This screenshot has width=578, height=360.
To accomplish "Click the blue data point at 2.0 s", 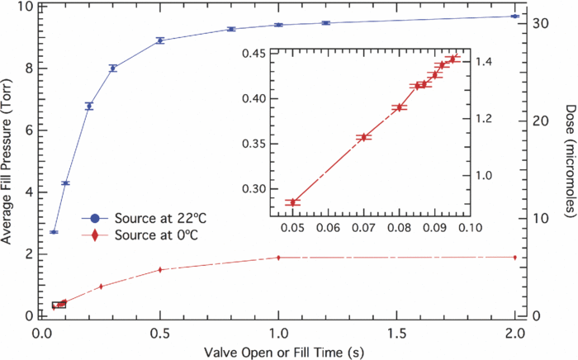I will click(x=514, y=16).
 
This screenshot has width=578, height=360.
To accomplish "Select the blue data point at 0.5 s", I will click(x=160, y=40).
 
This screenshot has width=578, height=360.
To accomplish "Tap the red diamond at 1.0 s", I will click(x=278, y=258).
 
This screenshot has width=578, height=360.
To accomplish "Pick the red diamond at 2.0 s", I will click(x=514, y=257).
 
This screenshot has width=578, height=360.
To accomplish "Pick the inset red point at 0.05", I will click(x=292, y=201).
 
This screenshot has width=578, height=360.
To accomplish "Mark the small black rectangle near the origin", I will click(x=58, y=305).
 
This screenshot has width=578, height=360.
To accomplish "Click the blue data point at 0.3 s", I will click(x=113, y=68).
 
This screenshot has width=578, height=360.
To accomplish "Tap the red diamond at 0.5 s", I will click(x=160, y=269).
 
